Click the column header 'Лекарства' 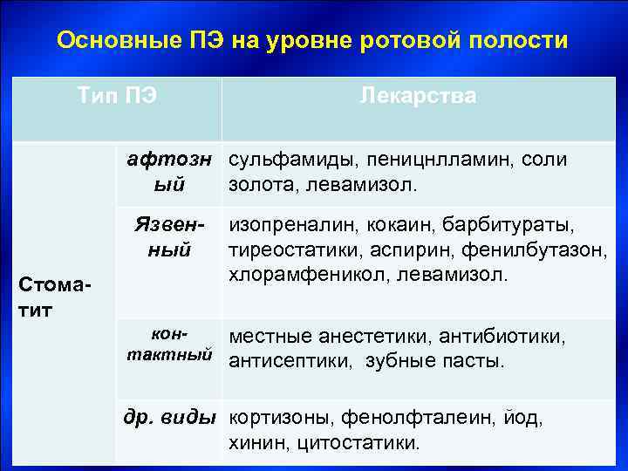(418, 95)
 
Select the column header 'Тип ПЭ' (118, 95)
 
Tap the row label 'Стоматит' (58, 297)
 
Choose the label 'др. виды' (170, 417)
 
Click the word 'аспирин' (400, 251)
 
